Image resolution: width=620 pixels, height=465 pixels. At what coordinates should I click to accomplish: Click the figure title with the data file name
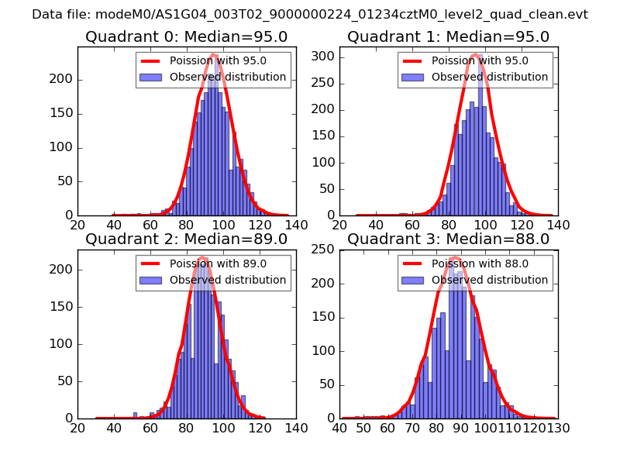tap(310, 15)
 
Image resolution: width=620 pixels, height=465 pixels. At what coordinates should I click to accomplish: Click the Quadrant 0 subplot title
tap(187, 36)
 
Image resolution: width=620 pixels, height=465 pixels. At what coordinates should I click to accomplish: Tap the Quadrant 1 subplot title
tap(448, 36)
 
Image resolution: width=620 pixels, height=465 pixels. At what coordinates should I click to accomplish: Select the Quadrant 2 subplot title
tap(187, 239)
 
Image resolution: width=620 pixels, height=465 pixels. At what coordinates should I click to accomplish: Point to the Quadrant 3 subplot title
tap(448, 239)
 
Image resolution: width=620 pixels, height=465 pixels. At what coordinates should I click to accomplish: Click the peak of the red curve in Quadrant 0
tap(213, 55)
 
